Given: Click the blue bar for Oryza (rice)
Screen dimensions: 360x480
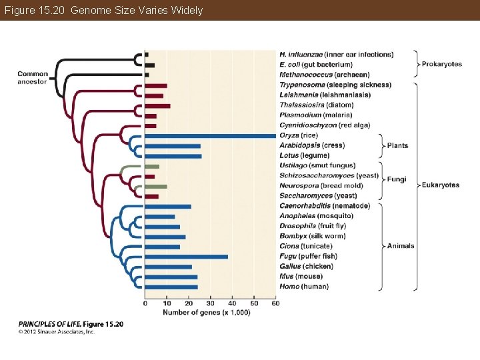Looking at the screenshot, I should click(x=210, y=136).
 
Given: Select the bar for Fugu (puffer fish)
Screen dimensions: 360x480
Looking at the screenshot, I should click(x=186, y=257).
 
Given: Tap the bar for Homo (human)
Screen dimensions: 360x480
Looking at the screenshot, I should click(x=171, y=287).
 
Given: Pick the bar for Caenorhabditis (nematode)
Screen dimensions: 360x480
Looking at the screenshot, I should click(x=167, y=207).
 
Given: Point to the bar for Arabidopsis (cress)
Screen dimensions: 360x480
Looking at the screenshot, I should click(x=172, y=146).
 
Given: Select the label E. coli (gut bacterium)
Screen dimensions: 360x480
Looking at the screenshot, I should click(x=315, y=65).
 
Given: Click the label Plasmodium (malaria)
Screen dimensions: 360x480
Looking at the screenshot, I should click(x=315, y=115).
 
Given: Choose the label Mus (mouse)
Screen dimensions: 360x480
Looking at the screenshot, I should click(x=301, y=277).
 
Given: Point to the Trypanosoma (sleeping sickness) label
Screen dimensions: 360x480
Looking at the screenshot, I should click(x=326, y=85).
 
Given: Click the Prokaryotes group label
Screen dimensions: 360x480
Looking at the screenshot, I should click(x=442, y=65).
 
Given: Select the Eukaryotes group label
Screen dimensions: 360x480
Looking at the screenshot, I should click(x=441, y=185).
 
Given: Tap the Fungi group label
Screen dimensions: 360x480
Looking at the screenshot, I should click(x=397, y=180).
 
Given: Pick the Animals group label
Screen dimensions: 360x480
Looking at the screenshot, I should click(x=401, y=246).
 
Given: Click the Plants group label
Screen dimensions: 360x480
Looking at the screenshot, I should click(x=398, y=146).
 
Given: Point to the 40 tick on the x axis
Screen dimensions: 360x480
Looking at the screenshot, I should click(x=233, y=304).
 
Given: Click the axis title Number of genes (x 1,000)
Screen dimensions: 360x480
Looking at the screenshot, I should click(x=207, y=313).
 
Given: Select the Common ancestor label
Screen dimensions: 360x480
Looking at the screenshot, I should click(x=33, y=77).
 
